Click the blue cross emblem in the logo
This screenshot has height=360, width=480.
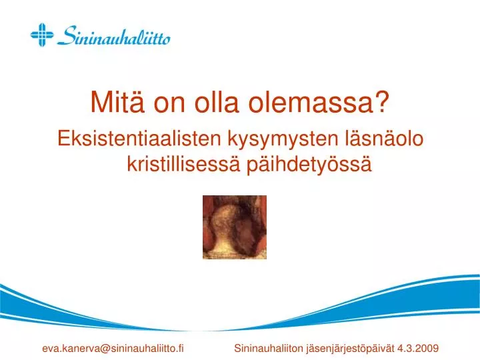[42, 35]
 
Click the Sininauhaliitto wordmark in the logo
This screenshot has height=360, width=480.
[113, 36]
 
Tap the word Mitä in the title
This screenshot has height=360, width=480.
[117, 102]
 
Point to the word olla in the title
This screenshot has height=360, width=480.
[217, 102]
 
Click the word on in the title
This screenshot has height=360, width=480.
[169, 105]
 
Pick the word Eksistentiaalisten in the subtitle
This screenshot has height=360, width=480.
[139, 139]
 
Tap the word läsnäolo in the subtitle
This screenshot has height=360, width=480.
[384, 139]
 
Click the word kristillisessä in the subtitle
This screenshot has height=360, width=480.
[183, 164]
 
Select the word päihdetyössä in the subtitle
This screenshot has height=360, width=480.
[309, 165]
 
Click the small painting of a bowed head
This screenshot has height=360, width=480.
[235, 227]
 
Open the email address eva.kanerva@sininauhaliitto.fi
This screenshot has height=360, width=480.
[113, 349]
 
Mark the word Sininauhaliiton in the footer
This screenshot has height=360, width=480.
[269, 349]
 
